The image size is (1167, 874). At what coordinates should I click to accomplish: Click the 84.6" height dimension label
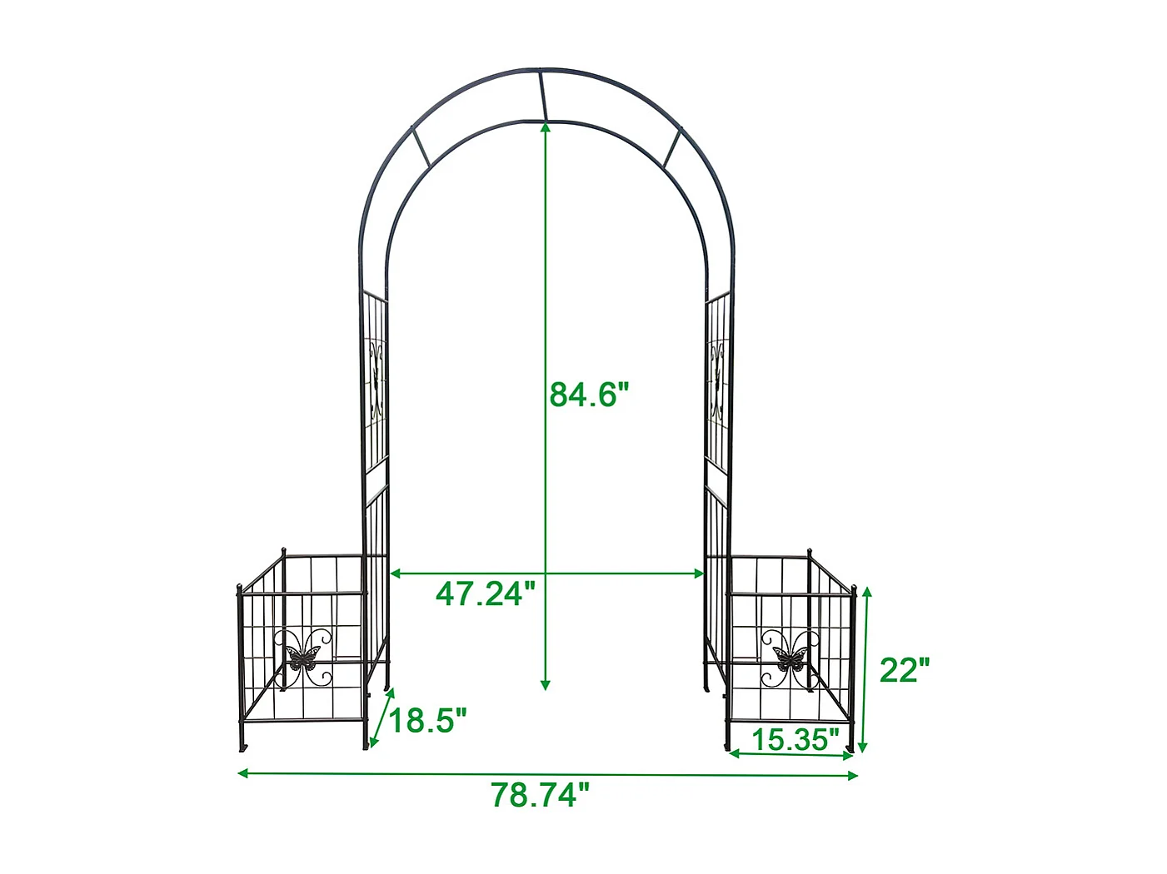[588, 395]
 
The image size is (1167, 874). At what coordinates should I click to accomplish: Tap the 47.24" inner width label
[485, 594]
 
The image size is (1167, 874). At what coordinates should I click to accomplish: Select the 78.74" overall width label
[539, 795]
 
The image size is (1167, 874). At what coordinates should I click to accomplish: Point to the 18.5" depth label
[428, 720]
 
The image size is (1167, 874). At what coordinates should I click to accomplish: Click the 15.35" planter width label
[795, 739]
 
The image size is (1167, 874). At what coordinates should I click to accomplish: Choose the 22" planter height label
[904, 669]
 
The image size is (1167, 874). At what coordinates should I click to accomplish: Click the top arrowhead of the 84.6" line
[546, 127]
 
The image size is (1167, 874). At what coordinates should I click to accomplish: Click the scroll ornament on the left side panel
[377, 379]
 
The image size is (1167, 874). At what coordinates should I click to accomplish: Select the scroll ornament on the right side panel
[716, 379]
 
